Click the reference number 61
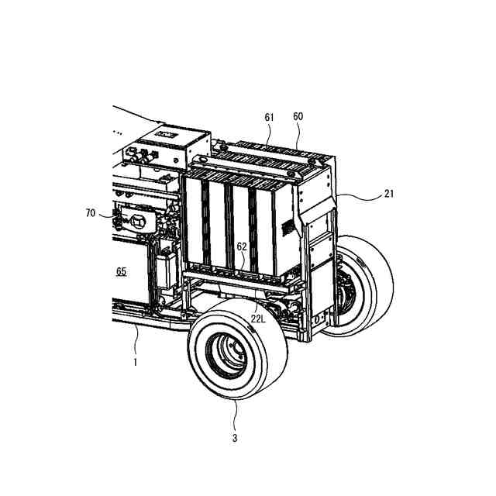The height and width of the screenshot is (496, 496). click(x=269, y=117)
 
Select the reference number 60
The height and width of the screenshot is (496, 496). click(x=298, y=116)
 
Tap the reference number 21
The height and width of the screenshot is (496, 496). click(x=389, y=194)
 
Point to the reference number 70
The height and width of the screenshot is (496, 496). click(x=91, y=213)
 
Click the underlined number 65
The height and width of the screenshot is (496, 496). click(x=122, y=271)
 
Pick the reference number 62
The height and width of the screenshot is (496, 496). click(x=242, y=246)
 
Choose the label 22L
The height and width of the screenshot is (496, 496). click(x=258, y=319)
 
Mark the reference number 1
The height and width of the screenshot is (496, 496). click(x=136, y=362)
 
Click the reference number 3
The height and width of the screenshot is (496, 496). click(x=235, y=438)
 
